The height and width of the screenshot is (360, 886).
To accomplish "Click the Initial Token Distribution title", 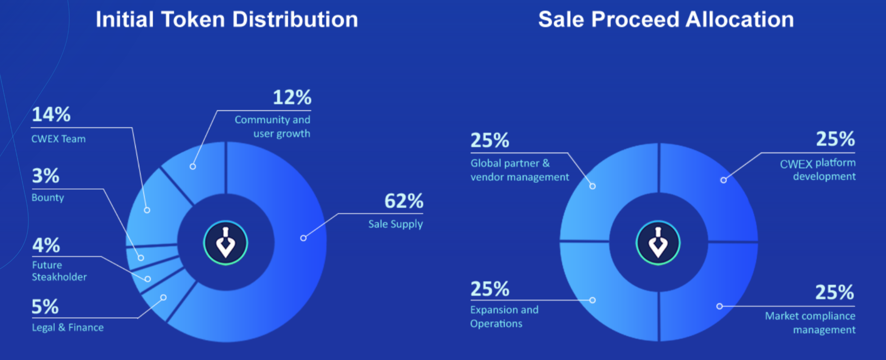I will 226,20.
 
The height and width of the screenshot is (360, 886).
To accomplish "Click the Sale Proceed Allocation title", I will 666,20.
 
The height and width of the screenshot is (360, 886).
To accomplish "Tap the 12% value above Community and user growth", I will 291,98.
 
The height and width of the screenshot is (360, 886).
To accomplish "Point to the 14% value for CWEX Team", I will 51,115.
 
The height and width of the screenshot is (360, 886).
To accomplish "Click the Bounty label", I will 48,197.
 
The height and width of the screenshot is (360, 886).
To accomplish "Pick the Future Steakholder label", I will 59,271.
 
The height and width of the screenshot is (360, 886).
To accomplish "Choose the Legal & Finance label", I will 67,327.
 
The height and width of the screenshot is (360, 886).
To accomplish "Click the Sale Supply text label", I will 395,224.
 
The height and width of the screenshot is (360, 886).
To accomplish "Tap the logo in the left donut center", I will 226,243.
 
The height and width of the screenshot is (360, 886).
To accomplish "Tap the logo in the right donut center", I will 658,243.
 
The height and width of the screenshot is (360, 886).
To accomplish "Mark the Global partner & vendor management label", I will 519,170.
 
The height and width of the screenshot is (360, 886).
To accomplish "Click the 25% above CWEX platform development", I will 835,139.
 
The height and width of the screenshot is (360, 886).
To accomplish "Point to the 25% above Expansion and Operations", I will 490,289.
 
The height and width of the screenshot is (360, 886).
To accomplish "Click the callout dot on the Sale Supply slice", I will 303,238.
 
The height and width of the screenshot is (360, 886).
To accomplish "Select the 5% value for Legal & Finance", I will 45,307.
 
